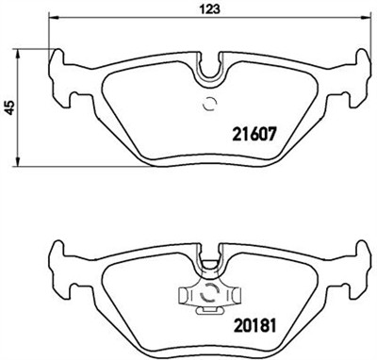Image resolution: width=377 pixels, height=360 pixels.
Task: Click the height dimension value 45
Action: [x=8, y=107]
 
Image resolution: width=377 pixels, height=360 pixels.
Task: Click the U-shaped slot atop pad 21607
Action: [x=209, y=66]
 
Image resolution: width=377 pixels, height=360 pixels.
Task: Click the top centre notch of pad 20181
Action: [x=209, y=247]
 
